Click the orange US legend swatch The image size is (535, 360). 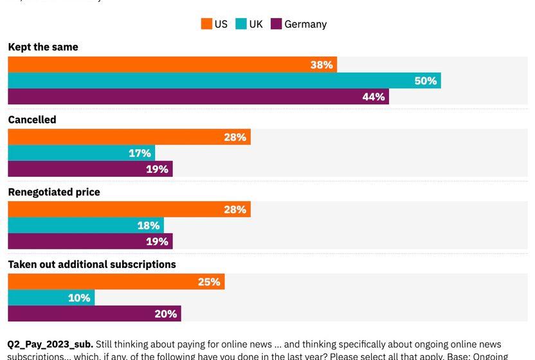(206, 24)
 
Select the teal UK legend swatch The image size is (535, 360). (241, 24)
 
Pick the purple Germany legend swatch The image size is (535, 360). (276, 24)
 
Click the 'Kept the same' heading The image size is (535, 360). (43, 47)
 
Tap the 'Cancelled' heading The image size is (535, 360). (32, 120)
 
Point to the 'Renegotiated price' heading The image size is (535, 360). (54, 192)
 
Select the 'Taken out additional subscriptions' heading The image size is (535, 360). (92, 264)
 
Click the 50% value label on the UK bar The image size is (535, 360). (426, 81)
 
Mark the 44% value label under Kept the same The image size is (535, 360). (374, 97)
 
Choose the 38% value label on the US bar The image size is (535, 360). (322, 65)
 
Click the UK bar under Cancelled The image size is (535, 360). (81, 153)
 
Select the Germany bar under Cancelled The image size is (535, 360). (90, 169)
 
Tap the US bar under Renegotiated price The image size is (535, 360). (129, 210)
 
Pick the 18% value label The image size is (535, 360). (149, 226)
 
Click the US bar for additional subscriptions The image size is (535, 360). (116, 282)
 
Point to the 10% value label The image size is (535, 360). (79, 298)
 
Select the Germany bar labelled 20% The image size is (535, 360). (94, 314)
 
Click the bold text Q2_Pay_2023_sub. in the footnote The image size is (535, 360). (51, 345)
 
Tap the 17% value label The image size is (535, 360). (140, 153)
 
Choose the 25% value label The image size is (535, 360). (209, 282)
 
